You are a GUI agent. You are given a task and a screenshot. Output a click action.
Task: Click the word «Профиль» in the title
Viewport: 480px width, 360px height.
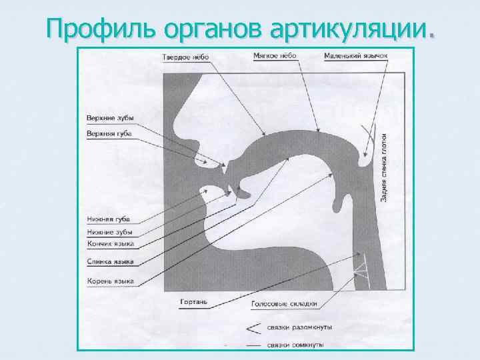[89, 29]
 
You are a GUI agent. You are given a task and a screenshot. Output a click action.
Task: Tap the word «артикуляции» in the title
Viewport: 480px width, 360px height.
[348, 29]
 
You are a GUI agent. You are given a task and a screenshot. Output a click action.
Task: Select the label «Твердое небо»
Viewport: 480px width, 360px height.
[185, 57]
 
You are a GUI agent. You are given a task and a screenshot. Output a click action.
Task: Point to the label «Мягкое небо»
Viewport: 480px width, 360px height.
[275, 55]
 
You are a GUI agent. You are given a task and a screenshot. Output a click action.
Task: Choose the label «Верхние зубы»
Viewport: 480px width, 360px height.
[109, 118]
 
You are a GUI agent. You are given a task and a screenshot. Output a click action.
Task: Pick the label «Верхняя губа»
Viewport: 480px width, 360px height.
[109, 133]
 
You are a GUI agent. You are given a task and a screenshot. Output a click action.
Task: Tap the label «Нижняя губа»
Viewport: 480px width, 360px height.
[109, 219]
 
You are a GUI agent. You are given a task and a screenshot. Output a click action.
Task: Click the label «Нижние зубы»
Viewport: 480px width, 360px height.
[109, 232]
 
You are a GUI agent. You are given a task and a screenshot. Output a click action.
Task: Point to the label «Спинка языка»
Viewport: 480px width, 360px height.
[111, 262]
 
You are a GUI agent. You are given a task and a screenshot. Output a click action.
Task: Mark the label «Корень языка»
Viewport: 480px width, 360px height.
[111, 281]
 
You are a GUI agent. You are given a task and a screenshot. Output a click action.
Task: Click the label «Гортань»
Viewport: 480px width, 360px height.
[194, 302]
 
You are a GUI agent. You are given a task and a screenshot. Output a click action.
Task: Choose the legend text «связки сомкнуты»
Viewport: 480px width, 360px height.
[295, 345]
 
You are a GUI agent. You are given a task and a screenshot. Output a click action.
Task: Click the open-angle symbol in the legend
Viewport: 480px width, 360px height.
[253, 328]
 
